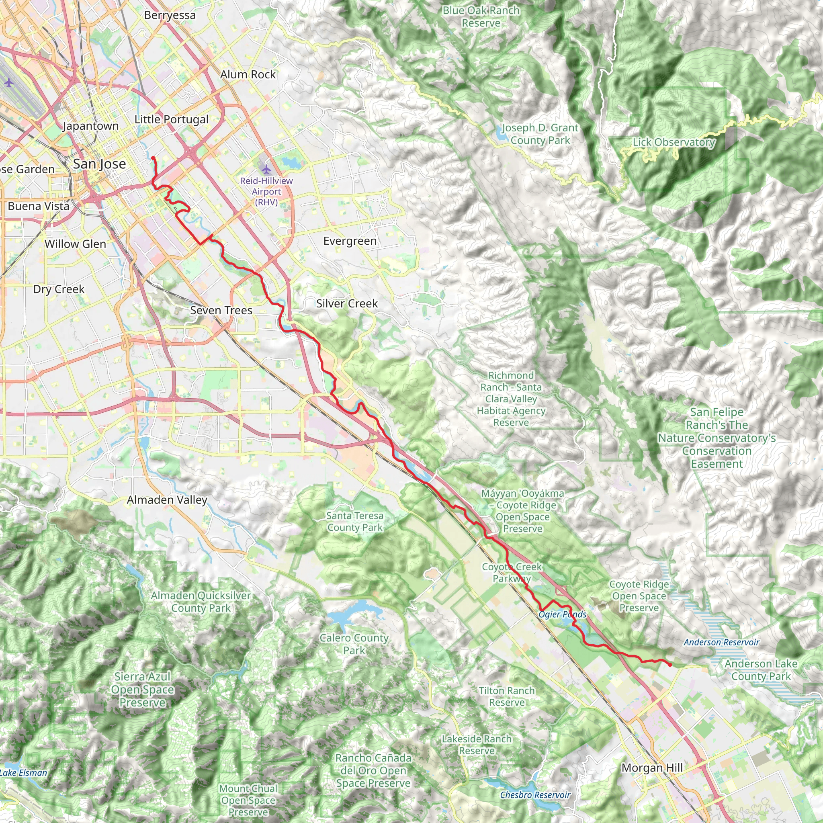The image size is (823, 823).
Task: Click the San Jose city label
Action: click(99, 164)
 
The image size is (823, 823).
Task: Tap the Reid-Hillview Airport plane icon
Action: click(267, 170)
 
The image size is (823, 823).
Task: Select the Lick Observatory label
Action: click(674, 142)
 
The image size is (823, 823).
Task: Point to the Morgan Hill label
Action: click(652, 768)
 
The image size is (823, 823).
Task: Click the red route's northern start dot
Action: click(153, 158)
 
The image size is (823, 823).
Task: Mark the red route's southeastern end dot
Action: click(669, 665)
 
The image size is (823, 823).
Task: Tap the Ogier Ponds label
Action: click(562, 614)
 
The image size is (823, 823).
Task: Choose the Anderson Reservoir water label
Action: click(722, 642)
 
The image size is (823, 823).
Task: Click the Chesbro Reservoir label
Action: click(535, 795)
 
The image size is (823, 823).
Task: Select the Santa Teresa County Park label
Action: click(355, 521)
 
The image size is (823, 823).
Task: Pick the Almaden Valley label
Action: click(167, 500)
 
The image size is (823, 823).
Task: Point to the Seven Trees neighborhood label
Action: click(221, 311)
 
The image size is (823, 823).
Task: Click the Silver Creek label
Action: click(347, 304)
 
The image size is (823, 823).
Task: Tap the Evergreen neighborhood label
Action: click(350, 241)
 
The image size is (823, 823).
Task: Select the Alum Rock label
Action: click(248, 75)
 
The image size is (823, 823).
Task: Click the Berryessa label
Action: click(170, 15)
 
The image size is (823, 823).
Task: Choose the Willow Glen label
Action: click(76, 244)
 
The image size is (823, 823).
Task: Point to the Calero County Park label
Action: click(354, 644)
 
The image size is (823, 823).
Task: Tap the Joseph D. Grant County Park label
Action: click(540, 134)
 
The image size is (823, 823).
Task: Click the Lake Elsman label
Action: click(23, 773)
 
